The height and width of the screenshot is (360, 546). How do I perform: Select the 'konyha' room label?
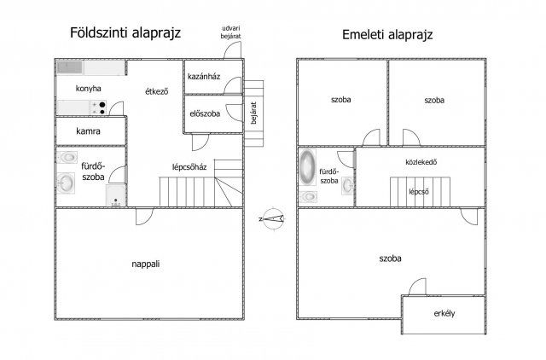pyautogui.click(x=89, y=89)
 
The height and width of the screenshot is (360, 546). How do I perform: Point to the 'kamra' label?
pyautogui.click(x=88, y=132)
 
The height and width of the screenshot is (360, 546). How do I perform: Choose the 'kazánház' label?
pyautogui.click(x=205, y=77)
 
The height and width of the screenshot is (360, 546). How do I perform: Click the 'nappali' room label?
pyautogui.click(x=146, y=264)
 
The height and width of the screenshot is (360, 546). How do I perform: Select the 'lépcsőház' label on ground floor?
pyautogui.click(x=190, y=167)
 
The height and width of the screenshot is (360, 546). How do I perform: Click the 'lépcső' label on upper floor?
pyautogui.click(x=418, y=191)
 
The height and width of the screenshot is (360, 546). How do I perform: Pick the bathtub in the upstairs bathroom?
pyautogui.click(x=307, y=167)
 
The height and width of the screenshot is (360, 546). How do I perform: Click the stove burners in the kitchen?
pyautogui.click(x=99, y=107)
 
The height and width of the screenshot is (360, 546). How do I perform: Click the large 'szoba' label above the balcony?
pyautogui.click(x=391, y=257)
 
